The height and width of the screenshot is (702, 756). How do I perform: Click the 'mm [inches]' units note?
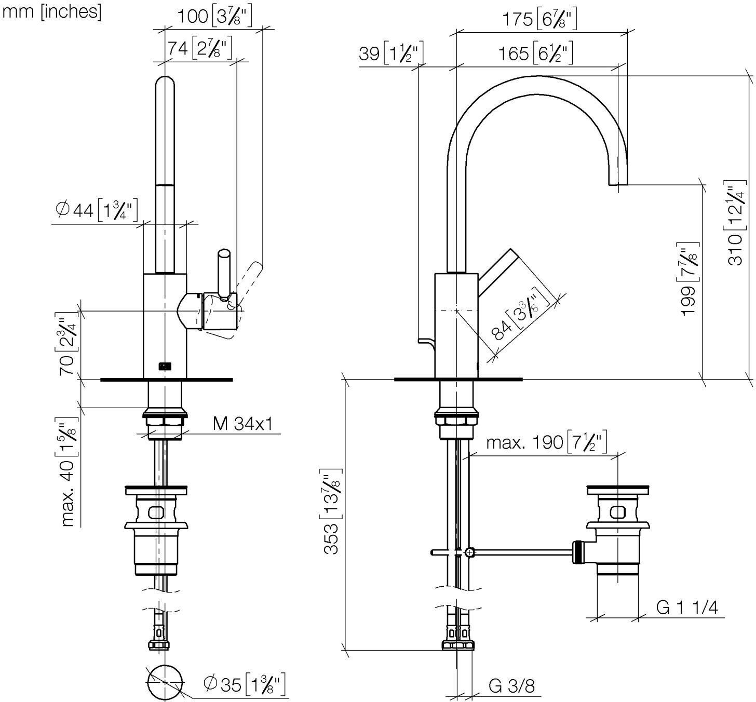click(52, 12)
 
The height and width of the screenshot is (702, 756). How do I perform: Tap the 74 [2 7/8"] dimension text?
click(199, 48)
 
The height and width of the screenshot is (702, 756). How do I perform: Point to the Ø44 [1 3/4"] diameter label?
click(97, 210)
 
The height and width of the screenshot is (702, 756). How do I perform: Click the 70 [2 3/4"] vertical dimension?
click(68, 344)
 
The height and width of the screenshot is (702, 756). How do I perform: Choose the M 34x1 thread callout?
click(243, 423)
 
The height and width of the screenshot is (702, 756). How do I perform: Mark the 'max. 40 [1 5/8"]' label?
click(68, 471)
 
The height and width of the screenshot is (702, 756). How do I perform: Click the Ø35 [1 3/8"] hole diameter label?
click(244, 684)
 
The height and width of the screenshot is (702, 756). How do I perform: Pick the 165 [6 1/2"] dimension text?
click(536, 53)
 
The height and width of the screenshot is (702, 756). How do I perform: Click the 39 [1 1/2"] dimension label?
click(391, 53)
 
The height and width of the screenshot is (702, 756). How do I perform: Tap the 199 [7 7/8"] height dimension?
click(689, 279)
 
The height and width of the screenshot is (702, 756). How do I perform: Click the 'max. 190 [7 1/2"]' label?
click(547, 442)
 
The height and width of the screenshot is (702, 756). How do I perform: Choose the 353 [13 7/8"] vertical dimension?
click(332, 511)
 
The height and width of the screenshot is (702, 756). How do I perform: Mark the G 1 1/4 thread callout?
click(687, 607)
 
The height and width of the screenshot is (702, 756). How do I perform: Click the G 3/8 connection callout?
click(511, 685)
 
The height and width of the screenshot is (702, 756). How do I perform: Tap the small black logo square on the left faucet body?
click(165, 367)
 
